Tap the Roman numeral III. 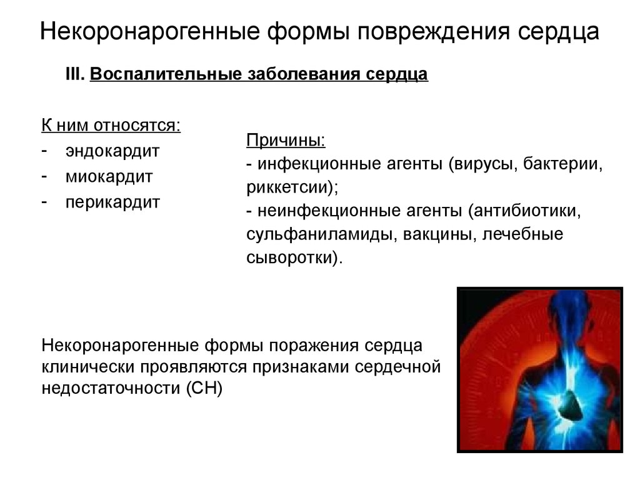76,74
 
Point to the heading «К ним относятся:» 111,125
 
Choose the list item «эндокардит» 112,151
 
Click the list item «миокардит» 109,177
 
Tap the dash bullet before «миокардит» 44,176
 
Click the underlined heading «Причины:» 286,141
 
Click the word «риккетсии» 288,187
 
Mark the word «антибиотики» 527,211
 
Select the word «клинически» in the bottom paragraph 89,366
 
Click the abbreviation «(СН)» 204,388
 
